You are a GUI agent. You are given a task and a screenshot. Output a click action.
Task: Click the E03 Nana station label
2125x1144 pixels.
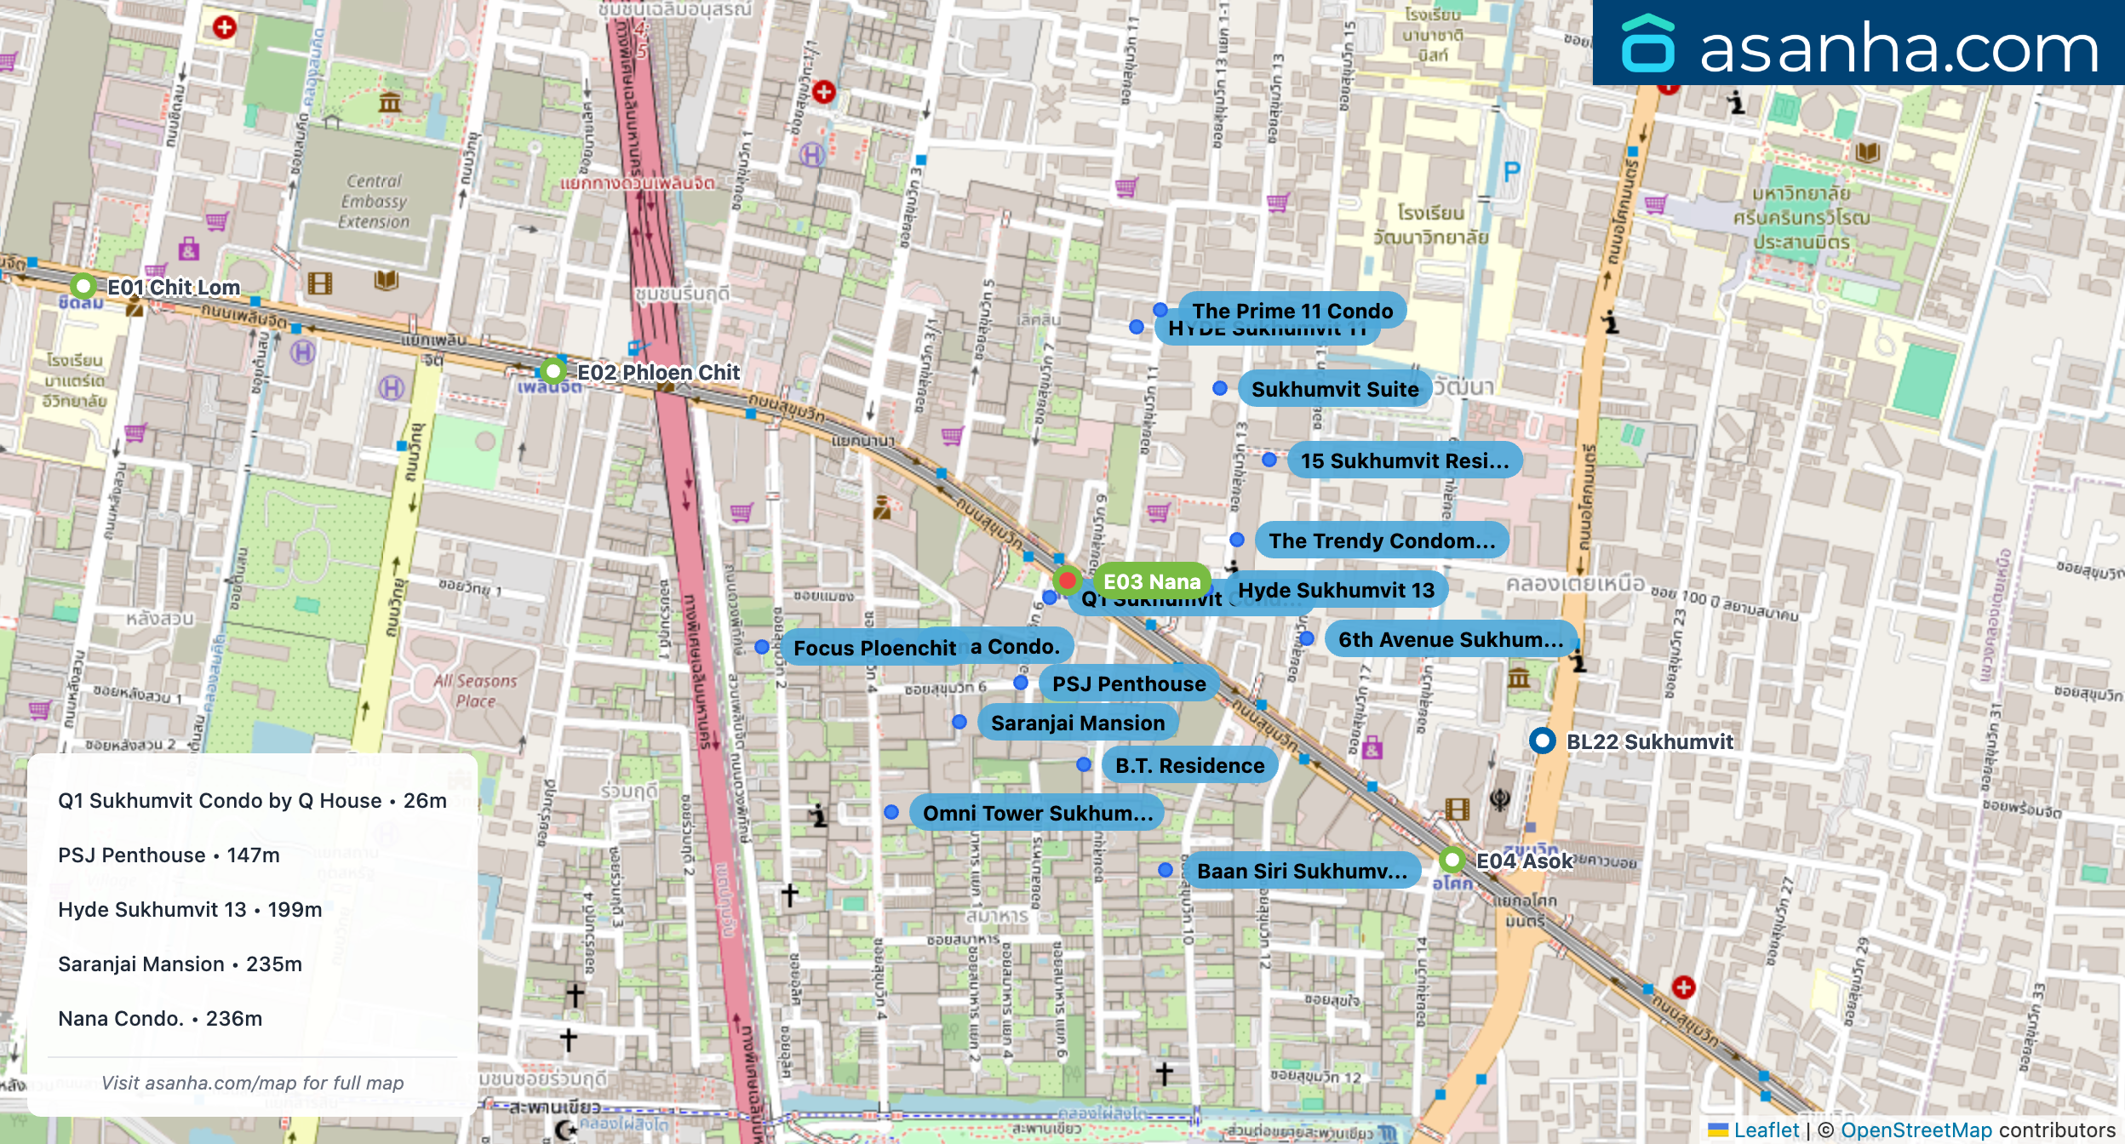[x=1151, y=581]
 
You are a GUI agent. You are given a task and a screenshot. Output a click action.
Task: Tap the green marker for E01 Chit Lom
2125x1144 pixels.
[x=83, y=286]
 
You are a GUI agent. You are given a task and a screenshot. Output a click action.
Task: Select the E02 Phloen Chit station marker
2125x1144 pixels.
[x=553, y=371]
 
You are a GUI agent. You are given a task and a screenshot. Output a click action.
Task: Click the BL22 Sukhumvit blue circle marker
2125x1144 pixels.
[x=1542, y=741]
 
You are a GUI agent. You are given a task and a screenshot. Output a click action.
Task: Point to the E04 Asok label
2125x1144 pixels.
[x=1524, y=861]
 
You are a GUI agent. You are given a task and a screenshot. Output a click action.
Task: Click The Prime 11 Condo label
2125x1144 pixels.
[x=1292, y=311]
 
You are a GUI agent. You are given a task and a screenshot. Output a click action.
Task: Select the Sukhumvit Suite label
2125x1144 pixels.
[x=1334, y=389]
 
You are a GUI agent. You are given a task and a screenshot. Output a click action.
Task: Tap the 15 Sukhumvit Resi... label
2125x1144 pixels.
[x=1404, y=460]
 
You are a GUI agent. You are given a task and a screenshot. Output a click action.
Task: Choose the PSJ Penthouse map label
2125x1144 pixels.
[x=1128, y=684]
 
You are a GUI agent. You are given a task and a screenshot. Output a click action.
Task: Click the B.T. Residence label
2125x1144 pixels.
[x=1189, y=765]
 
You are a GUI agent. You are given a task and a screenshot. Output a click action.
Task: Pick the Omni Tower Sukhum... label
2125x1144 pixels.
[x=1037, y=813]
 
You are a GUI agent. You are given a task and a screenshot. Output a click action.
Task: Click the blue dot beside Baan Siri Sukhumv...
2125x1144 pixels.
[x=1166, y=870]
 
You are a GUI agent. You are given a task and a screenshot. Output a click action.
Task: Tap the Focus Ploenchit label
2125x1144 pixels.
[x=873, y=648]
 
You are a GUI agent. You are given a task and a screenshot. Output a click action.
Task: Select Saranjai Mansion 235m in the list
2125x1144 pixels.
[x=180, y=964]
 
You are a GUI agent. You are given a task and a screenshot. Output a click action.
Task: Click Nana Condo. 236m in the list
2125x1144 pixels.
[x=160, y=1018]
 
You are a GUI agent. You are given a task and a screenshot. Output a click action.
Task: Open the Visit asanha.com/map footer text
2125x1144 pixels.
[x=252, y=1083]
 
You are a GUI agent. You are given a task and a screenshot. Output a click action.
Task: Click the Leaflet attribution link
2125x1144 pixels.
[x=1766, y=1130]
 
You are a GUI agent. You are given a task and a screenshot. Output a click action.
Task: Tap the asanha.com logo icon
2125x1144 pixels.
[x=1647, y=44]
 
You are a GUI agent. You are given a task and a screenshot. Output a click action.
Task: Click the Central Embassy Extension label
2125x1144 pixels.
[x=374, y=202]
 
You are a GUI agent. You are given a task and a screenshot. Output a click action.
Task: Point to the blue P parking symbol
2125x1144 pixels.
[x=1511, y=173]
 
